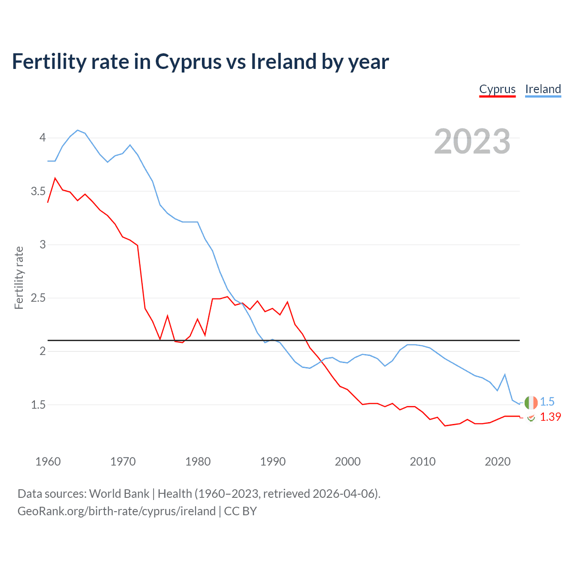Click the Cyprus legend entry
(497, 89)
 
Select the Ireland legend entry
(543, 89)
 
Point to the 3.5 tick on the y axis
(38, 192)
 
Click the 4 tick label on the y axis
(43, 137)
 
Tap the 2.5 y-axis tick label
(38, 298)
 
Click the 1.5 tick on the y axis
(38, 405)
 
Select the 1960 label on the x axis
(48, 462)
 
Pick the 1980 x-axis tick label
(198, 462)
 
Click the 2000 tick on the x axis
(348, 462)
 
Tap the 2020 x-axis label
(497, 462)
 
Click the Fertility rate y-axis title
(19, 278)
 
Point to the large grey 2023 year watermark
(472, 141)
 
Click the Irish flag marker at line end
(531, 402)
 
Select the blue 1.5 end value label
(547, 402)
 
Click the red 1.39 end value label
(550, 417)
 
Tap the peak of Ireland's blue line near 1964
(78, 130)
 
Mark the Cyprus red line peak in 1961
(55, 178)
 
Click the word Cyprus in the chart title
(188, 62)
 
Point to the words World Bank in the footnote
(119, 494)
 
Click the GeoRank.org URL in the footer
(116, 511)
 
